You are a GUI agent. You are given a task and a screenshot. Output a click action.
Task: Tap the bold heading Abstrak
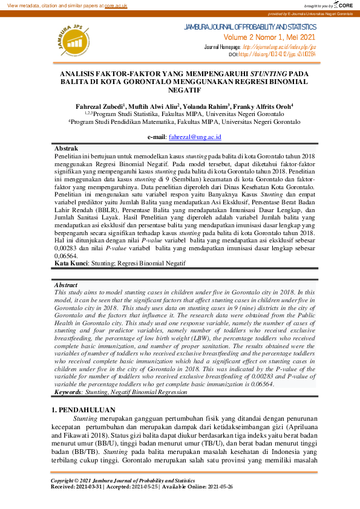66,148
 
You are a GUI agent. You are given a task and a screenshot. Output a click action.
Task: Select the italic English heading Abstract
66,284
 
